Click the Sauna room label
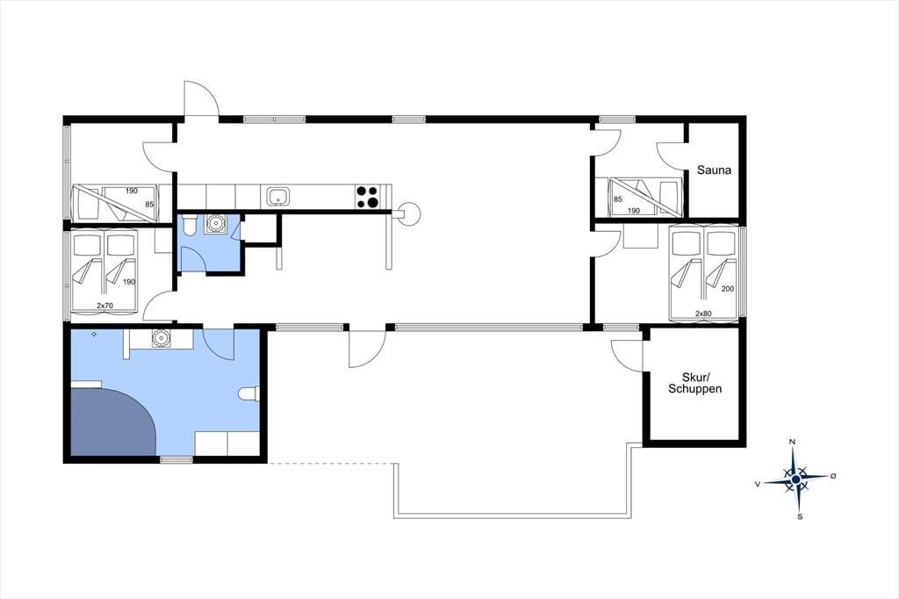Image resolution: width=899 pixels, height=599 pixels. point(714,170)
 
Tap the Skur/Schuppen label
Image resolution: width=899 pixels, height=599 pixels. point(695,383)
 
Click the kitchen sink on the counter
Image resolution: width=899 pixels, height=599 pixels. point(278,197)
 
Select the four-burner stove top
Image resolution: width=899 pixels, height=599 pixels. point(368,197)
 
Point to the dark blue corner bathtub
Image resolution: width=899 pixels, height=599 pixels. point(109,422)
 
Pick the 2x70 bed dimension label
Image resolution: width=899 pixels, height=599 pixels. point(104,306)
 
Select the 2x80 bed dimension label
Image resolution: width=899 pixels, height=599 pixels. point(703,314)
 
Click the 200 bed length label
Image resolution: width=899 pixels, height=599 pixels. point(728,289)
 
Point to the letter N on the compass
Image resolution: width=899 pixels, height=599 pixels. point(793,442)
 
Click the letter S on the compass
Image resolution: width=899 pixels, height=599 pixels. point(800,516)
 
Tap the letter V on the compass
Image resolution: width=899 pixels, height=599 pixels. point(758,484)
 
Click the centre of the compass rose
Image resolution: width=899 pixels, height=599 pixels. point(795,478)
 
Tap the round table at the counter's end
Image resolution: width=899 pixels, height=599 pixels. point(409,213)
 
